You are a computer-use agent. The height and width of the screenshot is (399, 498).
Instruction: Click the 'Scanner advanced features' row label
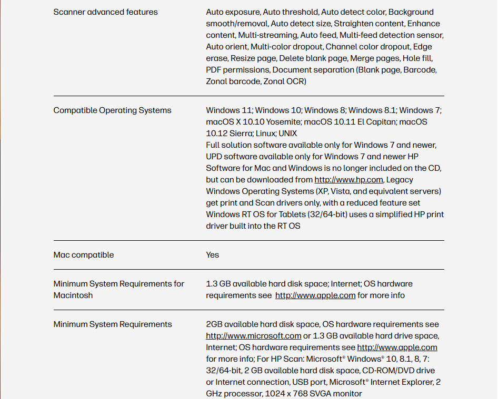click(105, 12)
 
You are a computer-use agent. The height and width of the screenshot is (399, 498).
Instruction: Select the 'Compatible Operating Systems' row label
click(112, 110)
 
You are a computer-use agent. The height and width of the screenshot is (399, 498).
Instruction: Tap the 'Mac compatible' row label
click(83, 255)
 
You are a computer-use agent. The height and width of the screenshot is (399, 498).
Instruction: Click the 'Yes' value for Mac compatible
click(212, 255)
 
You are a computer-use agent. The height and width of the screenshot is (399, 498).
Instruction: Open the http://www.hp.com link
click(348, 180)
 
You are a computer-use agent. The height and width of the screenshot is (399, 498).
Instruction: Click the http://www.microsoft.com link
click(253, 336)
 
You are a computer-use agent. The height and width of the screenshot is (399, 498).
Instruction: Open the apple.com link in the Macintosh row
click(315, 295)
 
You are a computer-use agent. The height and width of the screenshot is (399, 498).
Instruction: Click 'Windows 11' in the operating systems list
click(229, 110)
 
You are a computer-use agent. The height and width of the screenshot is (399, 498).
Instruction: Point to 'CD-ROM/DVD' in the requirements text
click(386, 371)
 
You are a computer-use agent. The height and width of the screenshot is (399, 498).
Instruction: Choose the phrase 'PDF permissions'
click(237, 70)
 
